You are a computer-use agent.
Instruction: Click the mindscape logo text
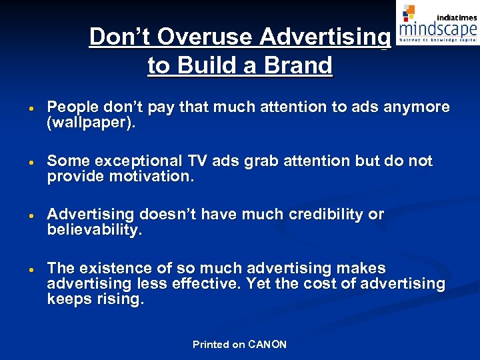pyautogui.click(x=437, y=29)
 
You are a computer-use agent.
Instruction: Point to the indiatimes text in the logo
pyautogui.click(x=456, y=17)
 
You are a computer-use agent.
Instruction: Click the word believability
pyautogui.click(x=93, y=230)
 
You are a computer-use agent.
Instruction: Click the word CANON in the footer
pyautogui.click(x=267, y=345)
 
